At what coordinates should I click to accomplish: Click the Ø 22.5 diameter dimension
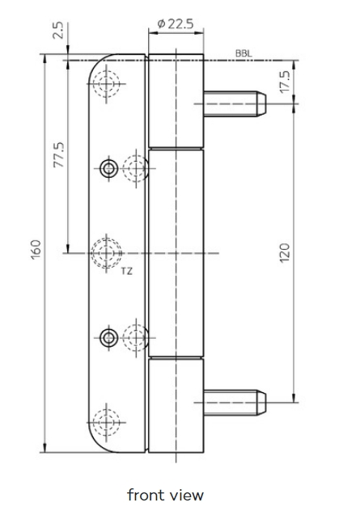(x=175, y=23)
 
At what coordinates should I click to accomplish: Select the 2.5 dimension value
(x=58, y=31)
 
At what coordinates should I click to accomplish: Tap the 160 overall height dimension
(x=36, y=249)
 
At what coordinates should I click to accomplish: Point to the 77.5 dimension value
(x=59, y=154)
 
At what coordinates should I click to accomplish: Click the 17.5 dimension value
(x=285, y=82)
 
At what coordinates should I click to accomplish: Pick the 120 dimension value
(x=284, y=253)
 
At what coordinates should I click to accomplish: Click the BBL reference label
(x=244, y=54)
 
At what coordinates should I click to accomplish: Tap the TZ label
(x=127, y=271)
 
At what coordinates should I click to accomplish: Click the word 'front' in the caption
(x=145, y=495)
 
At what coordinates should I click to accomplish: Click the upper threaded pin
(x=235, y=103)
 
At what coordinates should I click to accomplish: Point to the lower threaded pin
(x=235, y=403)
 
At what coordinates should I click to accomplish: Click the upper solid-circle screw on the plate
(x=109, y=168)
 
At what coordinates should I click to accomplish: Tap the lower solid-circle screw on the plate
(x=109, y=338)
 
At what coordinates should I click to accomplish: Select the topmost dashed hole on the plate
(x=106, y=84)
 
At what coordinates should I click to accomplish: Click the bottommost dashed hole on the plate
(x=106, y=422)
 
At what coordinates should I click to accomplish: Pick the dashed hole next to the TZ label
(x=106, y=253)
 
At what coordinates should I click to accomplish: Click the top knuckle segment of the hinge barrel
(x=176, y=101)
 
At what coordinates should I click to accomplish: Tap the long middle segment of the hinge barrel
(x=176, y=253)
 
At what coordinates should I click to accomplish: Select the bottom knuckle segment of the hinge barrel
(x=176, y=405)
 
